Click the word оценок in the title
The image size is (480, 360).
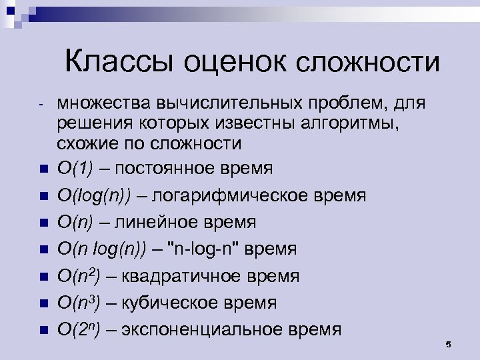pyautogui.click(x=223, y=63)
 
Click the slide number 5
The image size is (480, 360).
pyautogui.click(x=448, y=344)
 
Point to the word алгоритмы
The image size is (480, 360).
pyautogui.click(x=356, y=124)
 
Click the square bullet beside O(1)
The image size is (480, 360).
pyautogui.click(x=43, y=169)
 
